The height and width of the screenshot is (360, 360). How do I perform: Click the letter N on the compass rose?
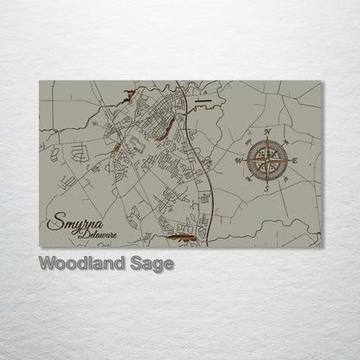[x=267, y=132]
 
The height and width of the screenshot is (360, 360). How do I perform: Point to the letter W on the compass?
[x=239, y=160]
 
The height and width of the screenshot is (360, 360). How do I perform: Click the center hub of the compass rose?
[x=267, y=160]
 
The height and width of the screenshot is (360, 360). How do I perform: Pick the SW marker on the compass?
[x=249, y=179]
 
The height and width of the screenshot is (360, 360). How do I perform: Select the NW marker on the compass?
[x=249, y=141]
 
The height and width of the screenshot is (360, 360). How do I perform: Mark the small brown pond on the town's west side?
[x=113, y=157]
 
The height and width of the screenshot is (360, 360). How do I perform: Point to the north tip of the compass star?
[x=267, y=139]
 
